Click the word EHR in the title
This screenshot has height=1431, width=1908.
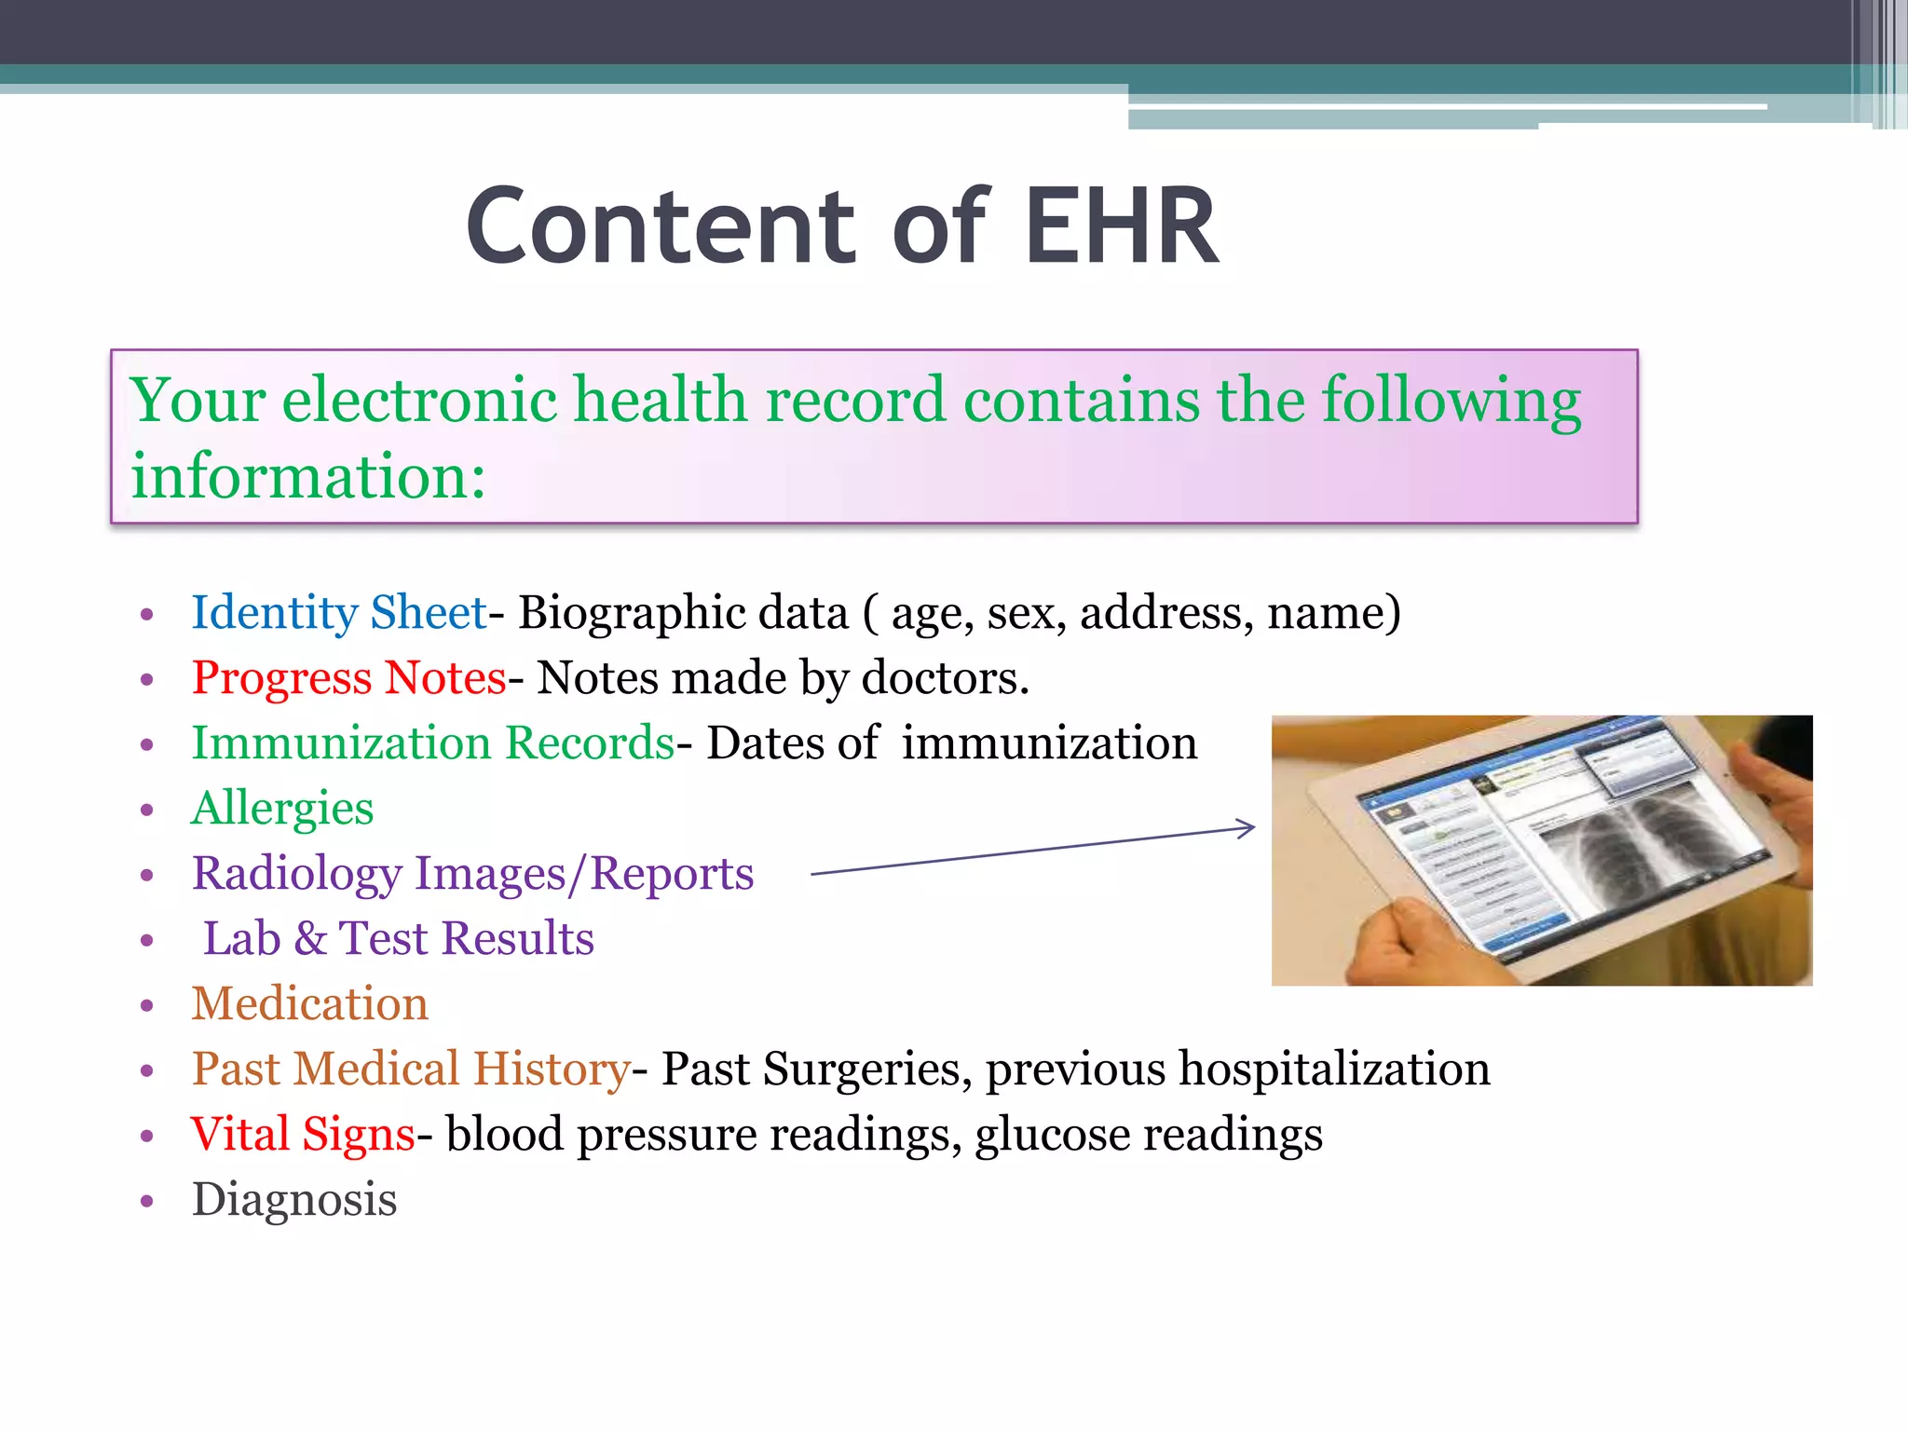point(1122,226)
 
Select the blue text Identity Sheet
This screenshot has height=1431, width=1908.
point(339,613)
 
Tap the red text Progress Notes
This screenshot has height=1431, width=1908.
point(348,677)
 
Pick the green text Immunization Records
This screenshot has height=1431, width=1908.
point(432,743)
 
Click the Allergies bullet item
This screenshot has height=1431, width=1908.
point(282,809)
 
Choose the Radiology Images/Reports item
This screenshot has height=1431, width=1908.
point(472,874)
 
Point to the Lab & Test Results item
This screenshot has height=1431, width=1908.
point(398,938)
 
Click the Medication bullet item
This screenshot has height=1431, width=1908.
point(309,1004)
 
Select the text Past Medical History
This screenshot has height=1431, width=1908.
point(411,1069)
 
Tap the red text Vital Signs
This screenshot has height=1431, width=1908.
point(303,1135)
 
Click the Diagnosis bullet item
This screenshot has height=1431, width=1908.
point(294,1200)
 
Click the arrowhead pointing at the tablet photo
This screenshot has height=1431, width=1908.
point(1246,827)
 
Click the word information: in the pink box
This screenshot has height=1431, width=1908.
point(307,476)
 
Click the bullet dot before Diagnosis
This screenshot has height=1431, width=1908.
point(146,1202)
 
